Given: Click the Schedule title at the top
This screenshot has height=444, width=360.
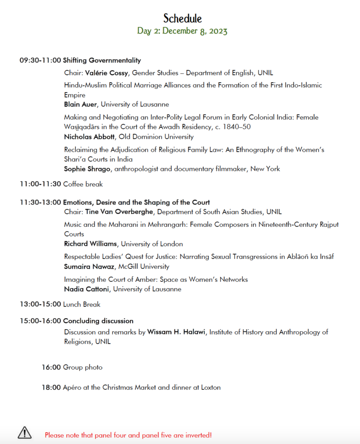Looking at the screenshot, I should coord(183,19).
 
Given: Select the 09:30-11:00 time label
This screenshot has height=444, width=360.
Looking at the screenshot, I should coord(40,61).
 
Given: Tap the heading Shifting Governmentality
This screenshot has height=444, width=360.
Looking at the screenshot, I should coord(102,61).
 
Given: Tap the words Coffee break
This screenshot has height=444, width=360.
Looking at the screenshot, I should coord(83,184).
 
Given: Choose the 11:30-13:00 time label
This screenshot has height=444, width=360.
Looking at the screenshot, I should coord(40,202).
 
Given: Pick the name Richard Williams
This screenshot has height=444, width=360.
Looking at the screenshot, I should coord(90,244).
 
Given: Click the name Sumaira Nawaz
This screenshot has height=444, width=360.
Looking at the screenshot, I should coord(88,267).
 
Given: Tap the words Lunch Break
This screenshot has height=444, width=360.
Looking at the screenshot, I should coord(82,304).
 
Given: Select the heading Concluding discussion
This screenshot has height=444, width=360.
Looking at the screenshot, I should coord(98,321).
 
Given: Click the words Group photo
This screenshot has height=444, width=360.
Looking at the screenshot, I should coord(83,368).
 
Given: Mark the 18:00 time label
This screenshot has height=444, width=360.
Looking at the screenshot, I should coord(51,388).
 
